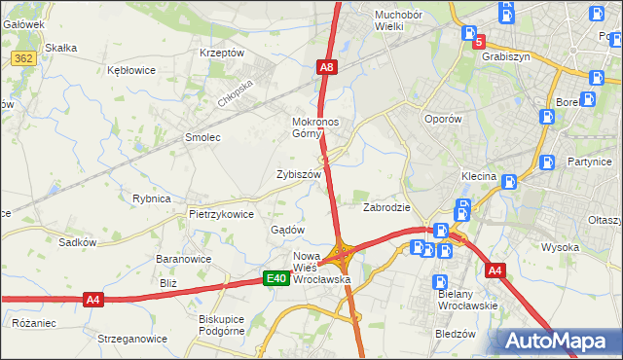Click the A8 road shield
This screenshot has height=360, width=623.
click(x=327, y=67)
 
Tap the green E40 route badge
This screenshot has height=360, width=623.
click(x=276, y=279)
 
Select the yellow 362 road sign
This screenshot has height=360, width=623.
click(x=25, y=59)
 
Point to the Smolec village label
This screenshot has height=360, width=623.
click(x=203, y=138)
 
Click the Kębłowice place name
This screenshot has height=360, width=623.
click(x=133, y=71)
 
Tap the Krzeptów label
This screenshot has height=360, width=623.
click(x=221, y=53)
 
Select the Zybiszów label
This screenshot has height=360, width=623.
click(x=299, y=174)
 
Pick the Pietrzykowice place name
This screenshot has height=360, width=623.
click(x=221, y=214)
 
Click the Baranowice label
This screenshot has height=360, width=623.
click(x=184, y=260)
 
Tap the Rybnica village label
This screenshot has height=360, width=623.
click(x=152, y=198)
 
